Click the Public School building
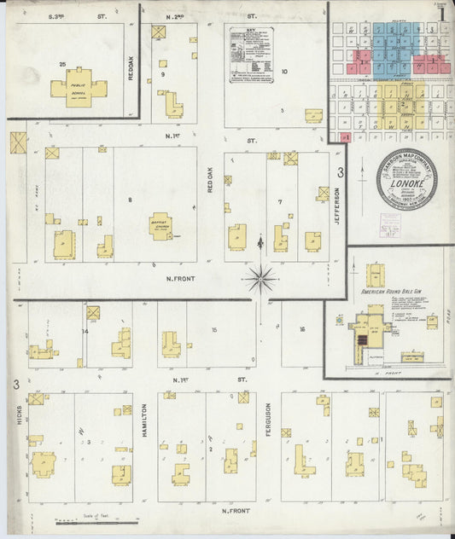tap(78, 88)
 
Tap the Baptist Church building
tap(161, 226)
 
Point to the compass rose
tap(261, 277)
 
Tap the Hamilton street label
tap(144, 422)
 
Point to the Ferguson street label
tap(268, 420)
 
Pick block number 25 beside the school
tap(62, 65)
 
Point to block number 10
tap(283, 72)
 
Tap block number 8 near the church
tap(130, 200)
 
